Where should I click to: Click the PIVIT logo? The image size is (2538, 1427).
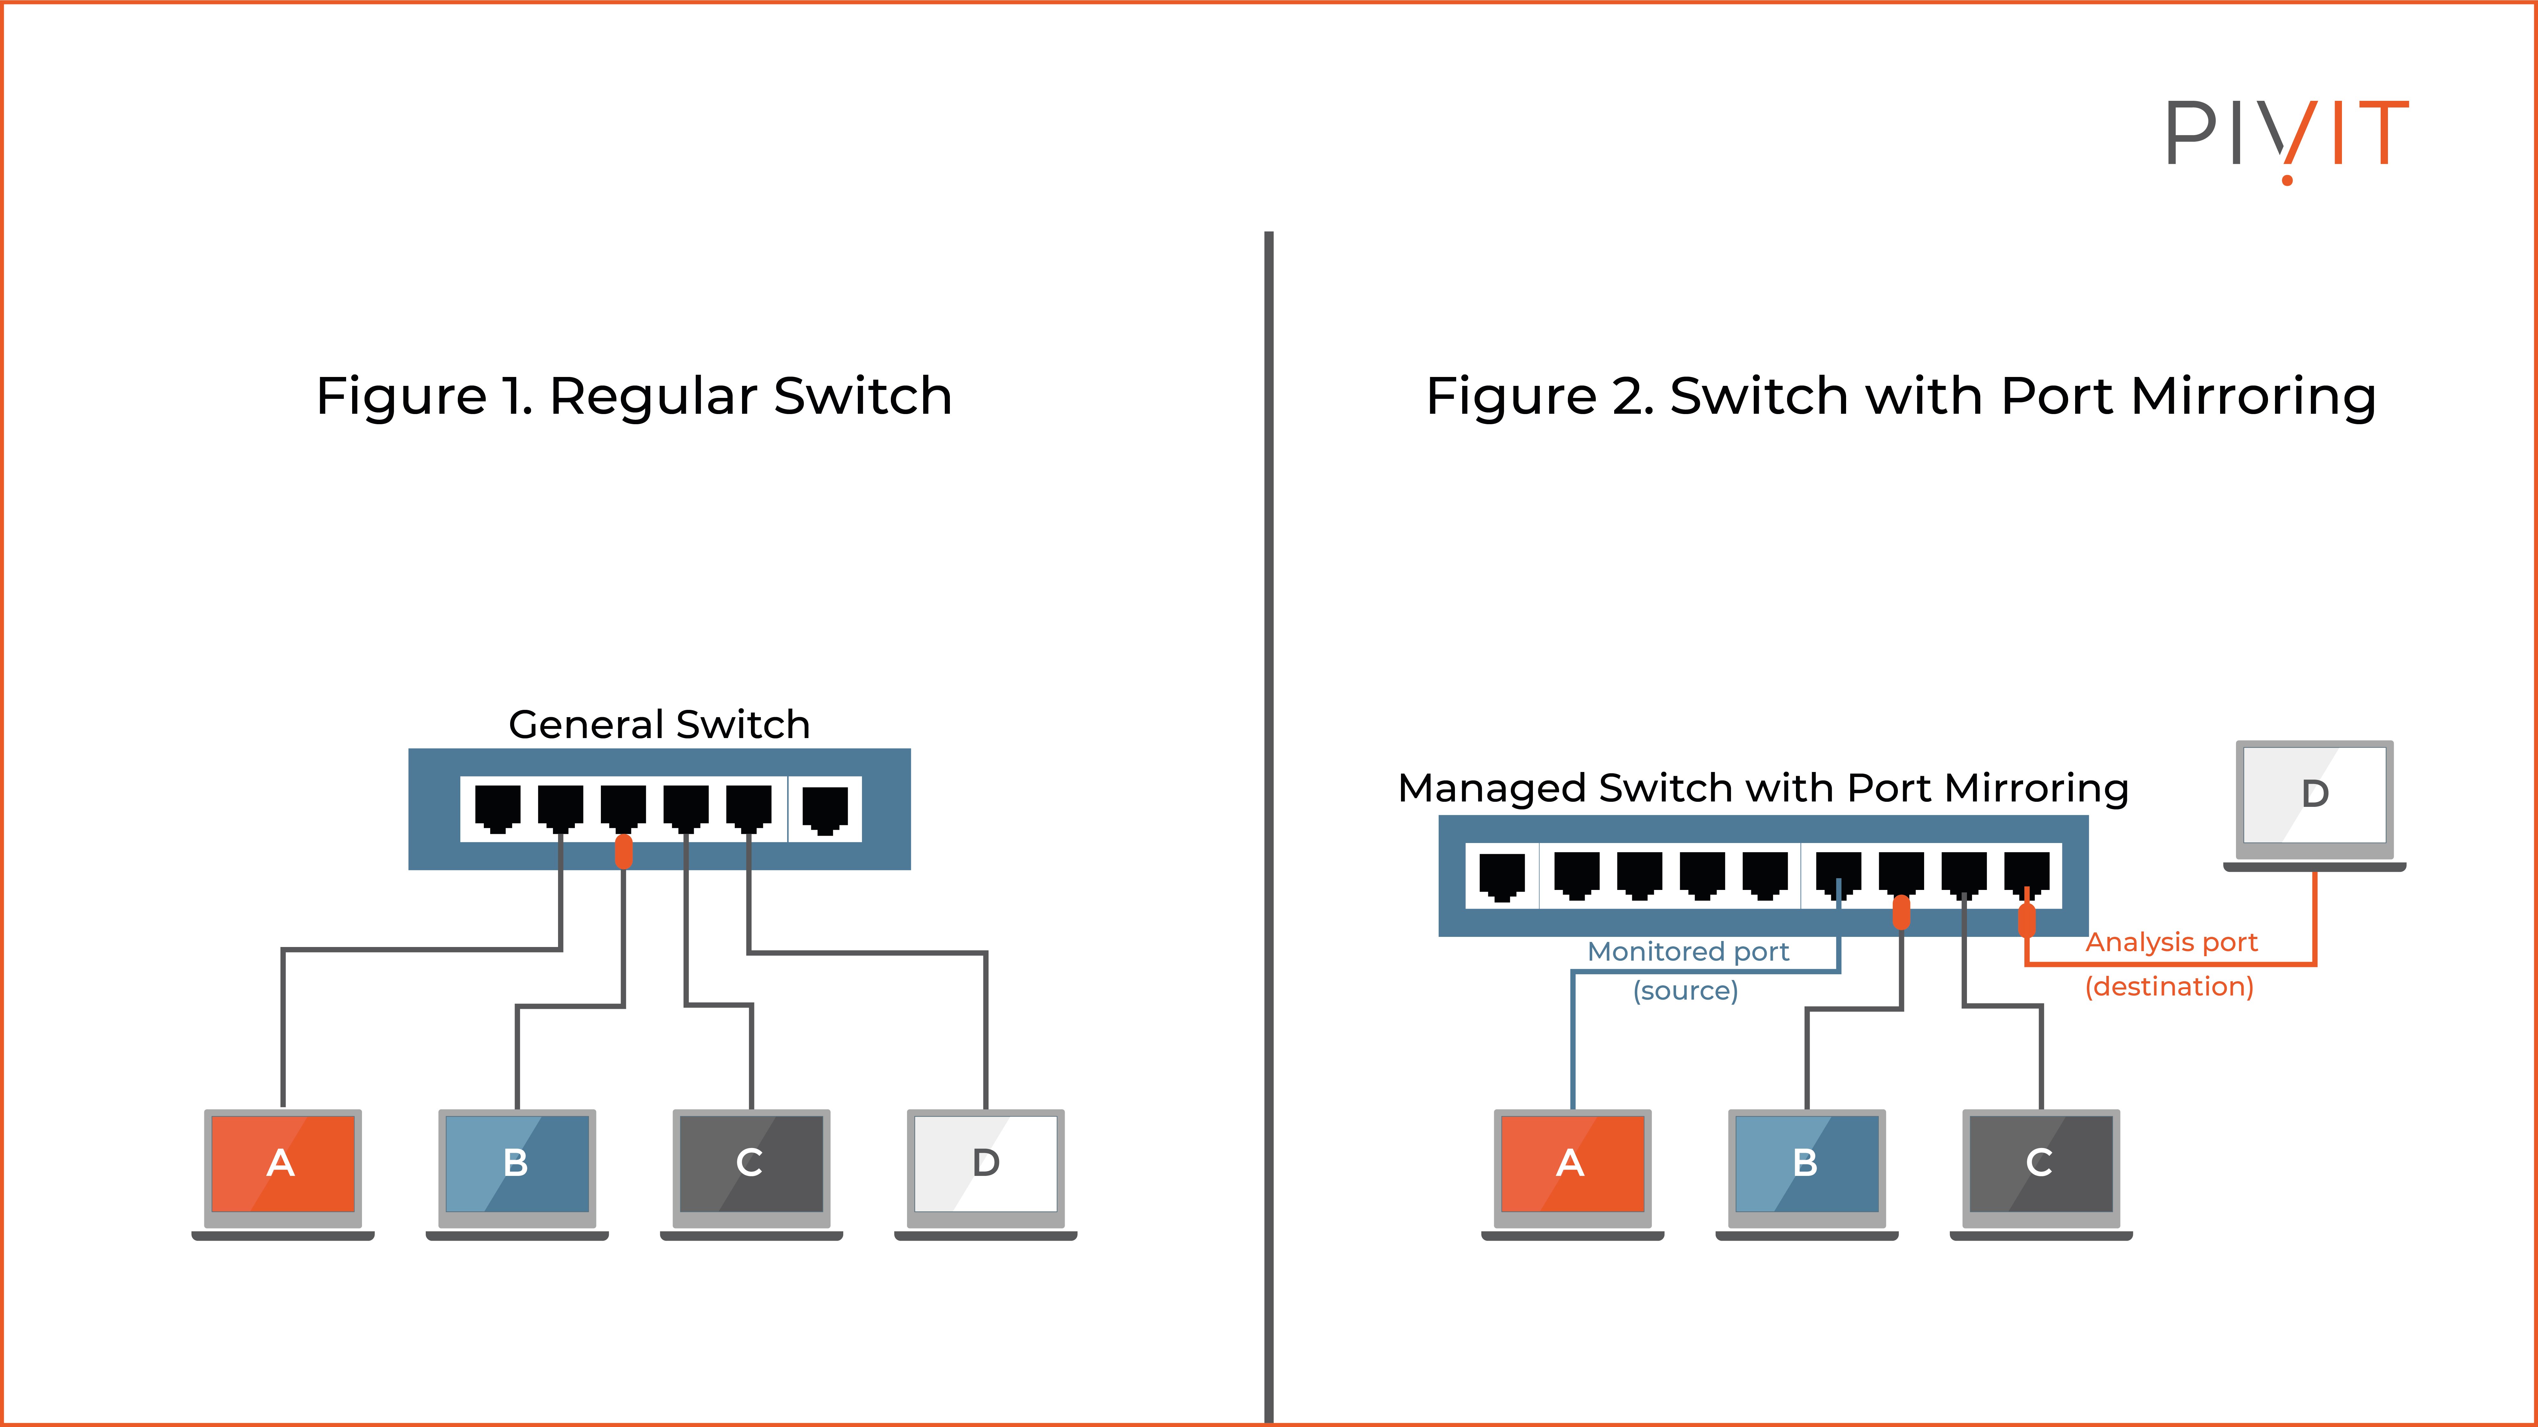click(2286, 138)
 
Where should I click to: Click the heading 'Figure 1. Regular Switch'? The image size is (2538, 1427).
click(634, 396)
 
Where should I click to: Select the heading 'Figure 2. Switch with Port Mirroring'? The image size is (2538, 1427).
click(1901, 396)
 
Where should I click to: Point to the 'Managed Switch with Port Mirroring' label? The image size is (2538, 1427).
click(1763, 788)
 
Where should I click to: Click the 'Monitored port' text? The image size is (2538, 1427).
click(1688, 951)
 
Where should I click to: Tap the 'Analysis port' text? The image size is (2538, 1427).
click(2172, 943)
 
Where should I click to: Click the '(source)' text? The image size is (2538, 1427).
click(1686, 991)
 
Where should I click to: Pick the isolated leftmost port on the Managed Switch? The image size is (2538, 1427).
click(1502, 875)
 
